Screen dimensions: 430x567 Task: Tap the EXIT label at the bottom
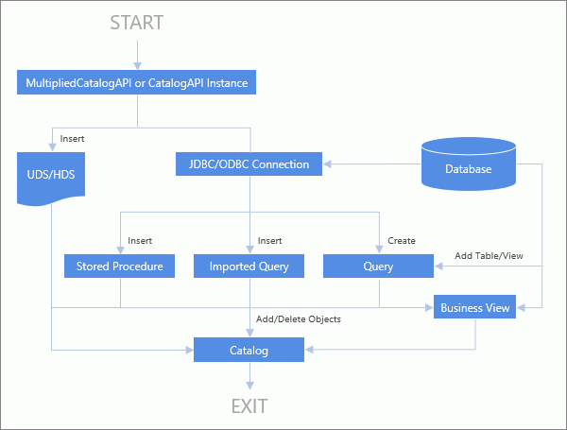250,407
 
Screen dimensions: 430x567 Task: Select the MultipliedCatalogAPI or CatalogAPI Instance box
138,83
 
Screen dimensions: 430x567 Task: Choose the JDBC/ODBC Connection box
249,164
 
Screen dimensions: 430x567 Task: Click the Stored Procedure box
120,267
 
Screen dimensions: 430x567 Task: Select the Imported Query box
249,267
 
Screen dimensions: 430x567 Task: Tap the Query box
378,267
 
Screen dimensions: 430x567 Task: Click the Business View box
475,308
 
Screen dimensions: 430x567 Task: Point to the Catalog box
249,351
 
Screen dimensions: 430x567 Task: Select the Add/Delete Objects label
299,319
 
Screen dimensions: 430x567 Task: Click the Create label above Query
401,240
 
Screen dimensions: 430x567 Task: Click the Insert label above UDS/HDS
72,138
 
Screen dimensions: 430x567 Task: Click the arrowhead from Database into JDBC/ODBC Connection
329,164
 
